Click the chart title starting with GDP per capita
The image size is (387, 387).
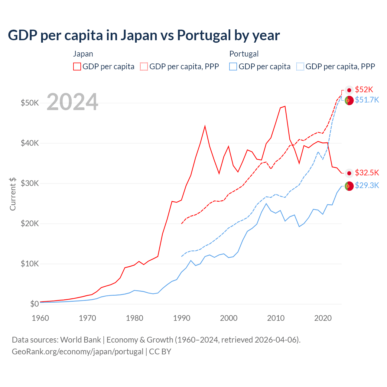tap(144, 35)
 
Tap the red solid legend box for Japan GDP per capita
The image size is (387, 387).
tap(77, 67)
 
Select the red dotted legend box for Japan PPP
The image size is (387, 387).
tap(144, 67)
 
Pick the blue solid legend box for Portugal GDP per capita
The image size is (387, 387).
tap(233, 67)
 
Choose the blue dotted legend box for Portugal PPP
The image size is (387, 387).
tap(300, 67)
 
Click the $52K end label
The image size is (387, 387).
tap(364, 89)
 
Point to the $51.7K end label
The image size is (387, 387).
tap(367, 100)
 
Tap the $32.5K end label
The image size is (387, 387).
tap(367, 173)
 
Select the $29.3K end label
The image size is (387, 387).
tap(367, 185)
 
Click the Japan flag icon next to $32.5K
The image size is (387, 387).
tap(349, 173)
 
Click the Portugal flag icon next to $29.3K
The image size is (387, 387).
tap(349, 186)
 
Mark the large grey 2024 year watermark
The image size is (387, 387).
tap(72, 102)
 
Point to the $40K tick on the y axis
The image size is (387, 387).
tap(30, 143)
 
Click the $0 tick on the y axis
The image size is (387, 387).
tap(34, 304)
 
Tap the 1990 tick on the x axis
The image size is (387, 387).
tap(182, 318)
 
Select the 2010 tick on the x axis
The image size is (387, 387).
tap(276, 318)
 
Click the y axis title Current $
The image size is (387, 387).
tap(13, 194)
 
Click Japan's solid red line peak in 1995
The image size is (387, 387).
tap(205, 126)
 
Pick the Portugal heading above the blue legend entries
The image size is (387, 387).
tap(244, 54)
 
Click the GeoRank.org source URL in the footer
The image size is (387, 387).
tap(77, 352)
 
